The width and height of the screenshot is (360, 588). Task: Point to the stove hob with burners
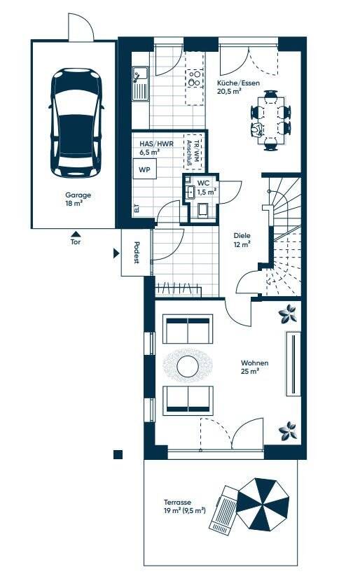point(195,77)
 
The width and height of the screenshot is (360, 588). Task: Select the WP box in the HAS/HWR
point(144,170)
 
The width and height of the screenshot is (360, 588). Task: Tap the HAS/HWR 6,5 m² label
point(152,148)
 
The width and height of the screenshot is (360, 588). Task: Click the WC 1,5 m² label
point(206,187)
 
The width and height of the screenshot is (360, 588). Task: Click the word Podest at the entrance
point(135,253)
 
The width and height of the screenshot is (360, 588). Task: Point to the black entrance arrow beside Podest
point(117,253)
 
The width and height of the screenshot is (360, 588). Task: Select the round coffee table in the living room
point(187,365)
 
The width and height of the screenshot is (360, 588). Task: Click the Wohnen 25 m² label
point(255,367)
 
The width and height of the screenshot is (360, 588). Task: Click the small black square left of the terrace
point(118,454)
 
